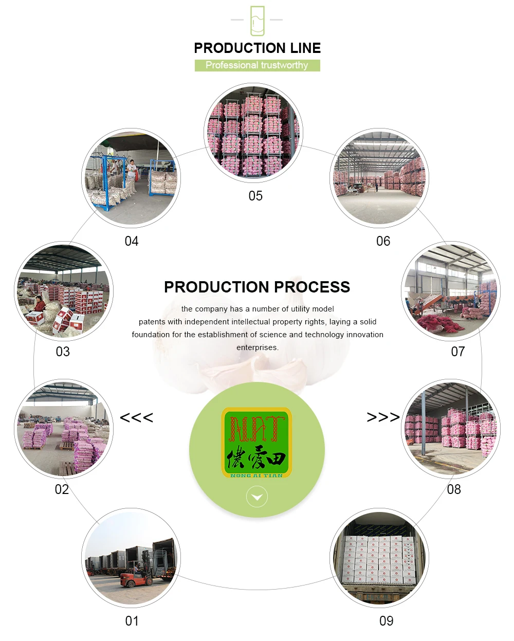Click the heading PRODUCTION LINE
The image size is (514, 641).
pyautogui.click(x=257, y=48)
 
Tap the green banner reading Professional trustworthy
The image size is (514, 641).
pyautogui.click(x=257, y=65)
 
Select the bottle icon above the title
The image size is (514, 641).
pyautogui.click(x=257, y=21)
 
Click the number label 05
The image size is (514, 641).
pyautogui.click(x=255, y=196)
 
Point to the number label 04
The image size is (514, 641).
pyautogui.click(x=132, y=241)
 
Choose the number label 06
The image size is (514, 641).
pyautogui.click(x=383, y=241)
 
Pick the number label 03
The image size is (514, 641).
pyautogui.click(x=63, y=352)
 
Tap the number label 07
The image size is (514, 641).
pyautogui.click(x=457, y=352)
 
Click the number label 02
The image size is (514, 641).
pyautogui.click(x=62, y=489)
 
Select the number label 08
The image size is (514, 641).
pyautogui.click(x=454, y=489)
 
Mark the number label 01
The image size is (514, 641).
pyautogui.click(x=132, y=621)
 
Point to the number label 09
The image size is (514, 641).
pyautogui.click(x=386, y=621)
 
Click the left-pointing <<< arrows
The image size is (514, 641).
pyautogui.click(x=136, y=417)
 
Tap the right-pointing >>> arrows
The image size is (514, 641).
pyautogui.click(x=383, y=417)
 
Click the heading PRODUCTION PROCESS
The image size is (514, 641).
pyautogui.click(x=257, y=287)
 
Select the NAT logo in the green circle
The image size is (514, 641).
pyautogui.click(x=256, y=443)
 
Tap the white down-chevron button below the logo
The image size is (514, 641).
pyautogui.click(x=257, y=497)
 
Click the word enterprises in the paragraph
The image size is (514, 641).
pyautogui.click(x=257, y=347)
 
